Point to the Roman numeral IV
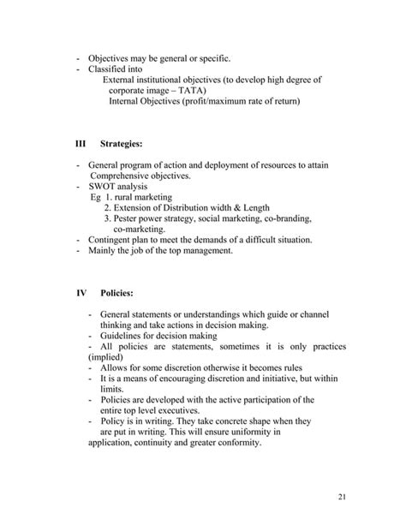[81, 294]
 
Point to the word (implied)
[105, 358]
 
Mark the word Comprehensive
[117, 176]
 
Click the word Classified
[107, 69]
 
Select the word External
[122, 80]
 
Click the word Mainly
[104, 251]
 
